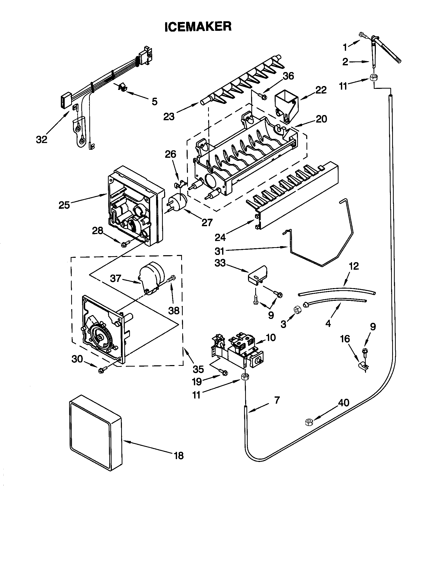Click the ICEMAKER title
198,27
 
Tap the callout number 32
42,140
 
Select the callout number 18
179,455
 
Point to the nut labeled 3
297,310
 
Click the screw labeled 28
123,244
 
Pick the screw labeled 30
102,369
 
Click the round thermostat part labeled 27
178,202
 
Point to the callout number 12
354,266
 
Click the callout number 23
169,116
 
